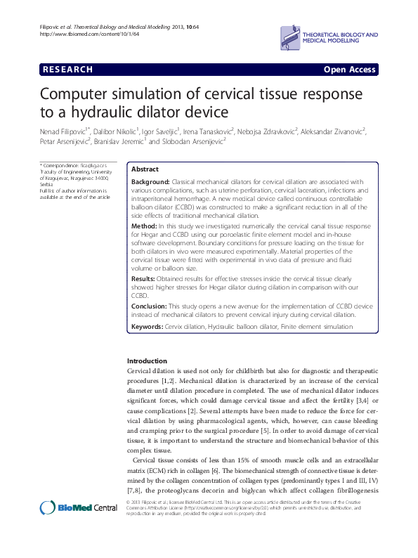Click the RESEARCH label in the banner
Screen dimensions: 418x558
(x=68, y=70)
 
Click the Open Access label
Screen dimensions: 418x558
(x=349, y=70)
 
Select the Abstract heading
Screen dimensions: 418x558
(x=145, y=170)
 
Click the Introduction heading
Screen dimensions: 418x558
(x=147, y=361)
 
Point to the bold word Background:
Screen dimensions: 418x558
(x=150, y=182)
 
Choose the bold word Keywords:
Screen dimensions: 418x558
(x=147, y=327)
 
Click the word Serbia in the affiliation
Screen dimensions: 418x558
(x=46, y=185)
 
